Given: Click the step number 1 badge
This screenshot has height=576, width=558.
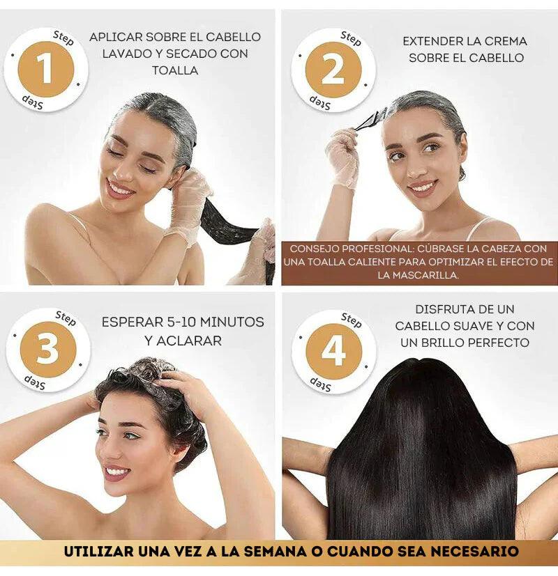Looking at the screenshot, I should [45, 69].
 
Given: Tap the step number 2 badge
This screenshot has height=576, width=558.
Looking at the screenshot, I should [333, 70].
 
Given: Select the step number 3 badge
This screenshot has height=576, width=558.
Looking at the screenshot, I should [47, 350].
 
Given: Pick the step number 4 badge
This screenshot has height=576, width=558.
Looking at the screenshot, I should [333, 351].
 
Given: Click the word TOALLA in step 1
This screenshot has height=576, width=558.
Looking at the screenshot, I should [175, 70].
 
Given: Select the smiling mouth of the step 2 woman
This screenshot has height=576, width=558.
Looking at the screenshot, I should [422, 187].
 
